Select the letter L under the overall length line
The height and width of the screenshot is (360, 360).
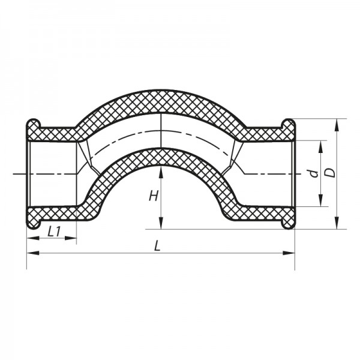157,245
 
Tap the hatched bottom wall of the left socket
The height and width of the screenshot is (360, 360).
54,215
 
